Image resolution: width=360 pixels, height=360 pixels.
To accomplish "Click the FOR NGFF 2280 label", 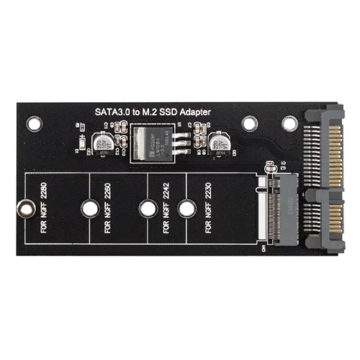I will [44, 210].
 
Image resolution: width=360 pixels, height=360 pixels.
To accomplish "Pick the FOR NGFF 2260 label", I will [107, 210].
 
